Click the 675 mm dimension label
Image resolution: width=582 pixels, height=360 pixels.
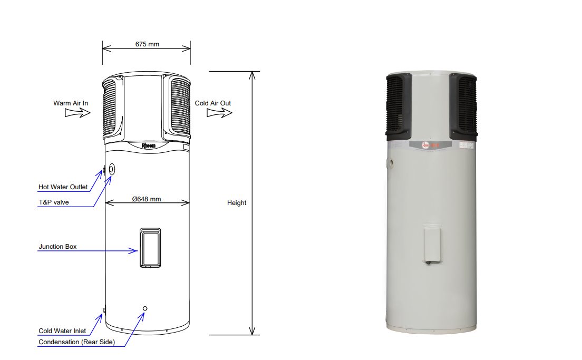[x=147, y=44]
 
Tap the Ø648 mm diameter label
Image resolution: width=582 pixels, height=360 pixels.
[x=147, y=199]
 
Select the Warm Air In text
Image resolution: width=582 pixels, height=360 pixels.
[x=71, y=103]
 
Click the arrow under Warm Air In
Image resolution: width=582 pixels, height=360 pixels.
[x=77, y=113]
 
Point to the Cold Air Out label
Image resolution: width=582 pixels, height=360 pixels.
[x=212, y=103]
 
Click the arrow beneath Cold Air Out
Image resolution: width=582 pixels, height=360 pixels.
[x=219, y=113]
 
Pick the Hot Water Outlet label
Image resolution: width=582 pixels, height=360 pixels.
[x=63, y=187]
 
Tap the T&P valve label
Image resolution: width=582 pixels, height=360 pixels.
[x=54, y=202]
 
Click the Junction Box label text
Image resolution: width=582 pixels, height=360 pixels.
[x=57, y=247]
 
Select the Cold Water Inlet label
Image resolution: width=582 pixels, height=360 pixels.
[x=62, y=330]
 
